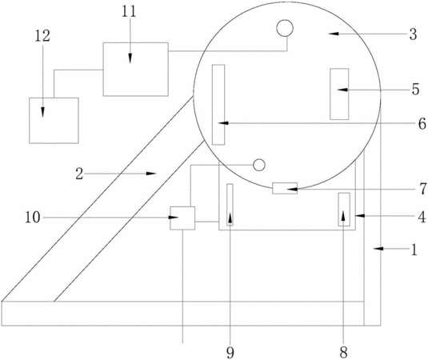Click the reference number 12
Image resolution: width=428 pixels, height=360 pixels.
(x=42, y=36)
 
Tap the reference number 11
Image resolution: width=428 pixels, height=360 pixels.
(x=129, y=11)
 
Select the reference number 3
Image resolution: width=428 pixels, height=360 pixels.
(x=414, y=34)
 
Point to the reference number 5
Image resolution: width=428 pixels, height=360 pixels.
(x=415, y=90)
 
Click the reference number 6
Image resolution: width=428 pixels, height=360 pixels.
(x=422, y=124)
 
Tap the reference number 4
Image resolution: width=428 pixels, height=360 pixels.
(x=422, y=218)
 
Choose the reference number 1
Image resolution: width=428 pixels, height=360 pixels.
(x=414, y=250)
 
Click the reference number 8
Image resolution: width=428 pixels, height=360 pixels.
(x=343, y=352)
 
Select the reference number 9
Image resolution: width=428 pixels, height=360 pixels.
(x=230, y=353)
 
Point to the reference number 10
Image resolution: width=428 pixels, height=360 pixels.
(x=33, y=218)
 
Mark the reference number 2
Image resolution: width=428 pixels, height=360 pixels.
(x=79, y=174)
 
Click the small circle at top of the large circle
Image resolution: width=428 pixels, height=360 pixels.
(x=285, y=28)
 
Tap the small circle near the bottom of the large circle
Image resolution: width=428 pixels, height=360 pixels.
(x=258, y=165)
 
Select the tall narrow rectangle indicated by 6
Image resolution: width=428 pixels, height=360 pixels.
(x=218, y=105)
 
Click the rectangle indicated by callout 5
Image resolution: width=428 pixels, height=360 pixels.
(x=339, y=94)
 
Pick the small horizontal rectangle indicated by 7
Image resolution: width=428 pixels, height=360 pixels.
(x=285, y=188)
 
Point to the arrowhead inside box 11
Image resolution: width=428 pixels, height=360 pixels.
(x=130, y=58)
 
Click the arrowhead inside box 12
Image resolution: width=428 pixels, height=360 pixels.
(x=42, y=112)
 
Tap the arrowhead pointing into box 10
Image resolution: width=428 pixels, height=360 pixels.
(x=174, y=218)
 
